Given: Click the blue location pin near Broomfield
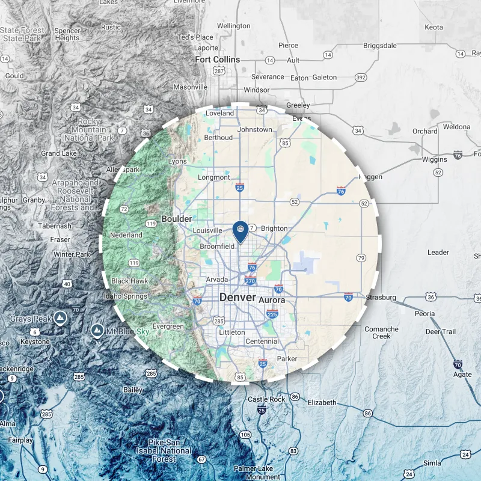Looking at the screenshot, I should tap(240, 232).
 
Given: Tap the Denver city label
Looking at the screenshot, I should tap(237, 298).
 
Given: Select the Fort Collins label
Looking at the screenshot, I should tap(218, 60).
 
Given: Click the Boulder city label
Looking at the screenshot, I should tap(177, 219).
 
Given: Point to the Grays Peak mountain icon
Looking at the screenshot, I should tap(60, 317).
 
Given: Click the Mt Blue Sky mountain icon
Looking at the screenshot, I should tap(96, 330).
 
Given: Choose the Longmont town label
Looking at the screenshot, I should tap(214, 177).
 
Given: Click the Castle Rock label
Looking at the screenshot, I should tap(267, 399).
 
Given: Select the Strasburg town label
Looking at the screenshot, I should tap(381, 298).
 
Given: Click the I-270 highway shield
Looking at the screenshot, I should tap(251, 280).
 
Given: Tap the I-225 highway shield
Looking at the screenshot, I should tap(272, 314).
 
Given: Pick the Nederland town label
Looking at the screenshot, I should tap(126, 235).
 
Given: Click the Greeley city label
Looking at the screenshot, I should tap(298, 105).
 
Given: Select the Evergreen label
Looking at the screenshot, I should tap(168, 326).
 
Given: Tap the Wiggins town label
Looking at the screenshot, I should tap(435, 159).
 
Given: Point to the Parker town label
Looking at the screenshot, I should tap(287, 359).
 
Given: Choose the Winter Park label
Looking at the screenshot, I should tap(72, 254).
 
